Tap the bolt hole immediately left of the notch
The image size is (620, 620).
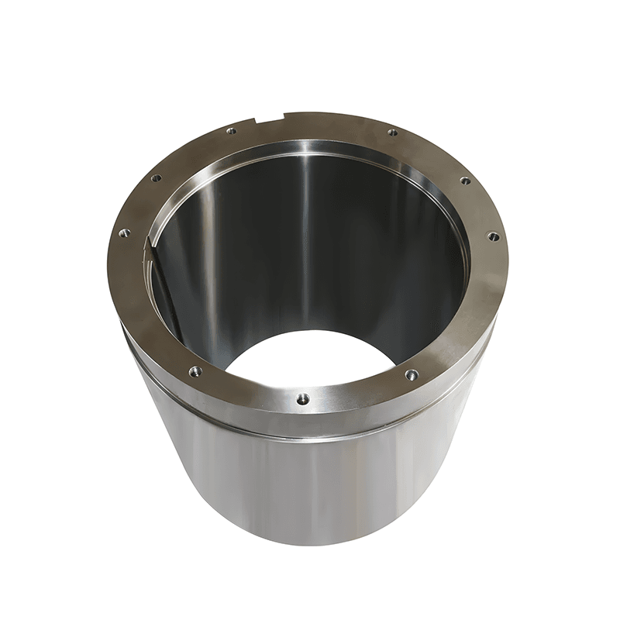coord(231,131)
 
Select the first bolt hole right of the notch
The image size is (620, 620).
coord(392,133)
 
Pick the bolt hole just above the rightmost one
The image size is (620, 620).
coord(465,181)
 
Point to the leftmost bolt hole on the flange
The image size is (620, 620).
coord(124,232)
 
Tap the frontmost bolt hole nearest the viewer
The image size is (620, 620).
coord(302,399)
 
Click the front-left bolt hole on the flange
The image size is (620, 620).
coord(195,372)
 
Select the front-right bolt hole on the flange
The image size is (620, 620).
coord(411,374)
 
